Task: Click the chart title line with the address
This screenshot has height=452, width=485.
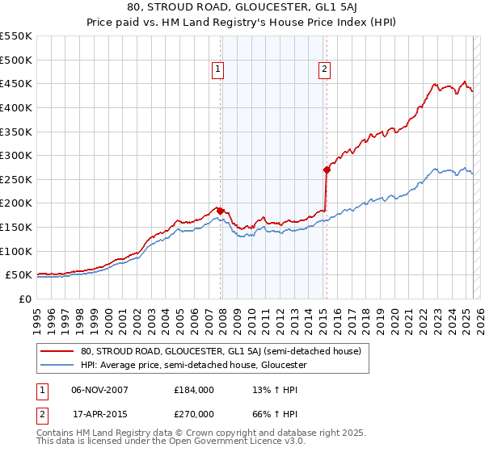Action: pyautogui.click(x=242, y=6)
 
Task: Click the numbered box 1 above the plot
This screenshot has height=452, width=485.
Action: pyautogui.click(x=218, y=70)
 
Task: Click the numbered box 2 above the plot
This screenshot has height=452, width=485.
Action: pyautogui.click(x=324, y=70)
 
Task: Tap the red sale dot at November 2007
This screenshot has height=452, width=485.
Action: pyautogui.click(x=220, y=211)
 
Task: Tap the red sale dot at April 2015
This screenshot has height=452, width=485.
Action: pyautogui.click(x=327, y=169)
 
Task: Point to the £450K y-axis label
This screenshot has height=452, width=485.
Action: pyautogui.click(x=17, y=83)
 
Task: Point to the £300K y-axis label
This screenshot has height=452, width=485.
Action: pyautogui.click(x=17, y=155)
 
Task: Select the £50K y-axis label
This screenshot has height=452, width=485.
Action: pyautogui.click(x=20, y=275)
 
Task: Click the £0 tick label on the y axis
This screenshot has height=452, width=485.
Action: pyautogui.click(x=27, y=299)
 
